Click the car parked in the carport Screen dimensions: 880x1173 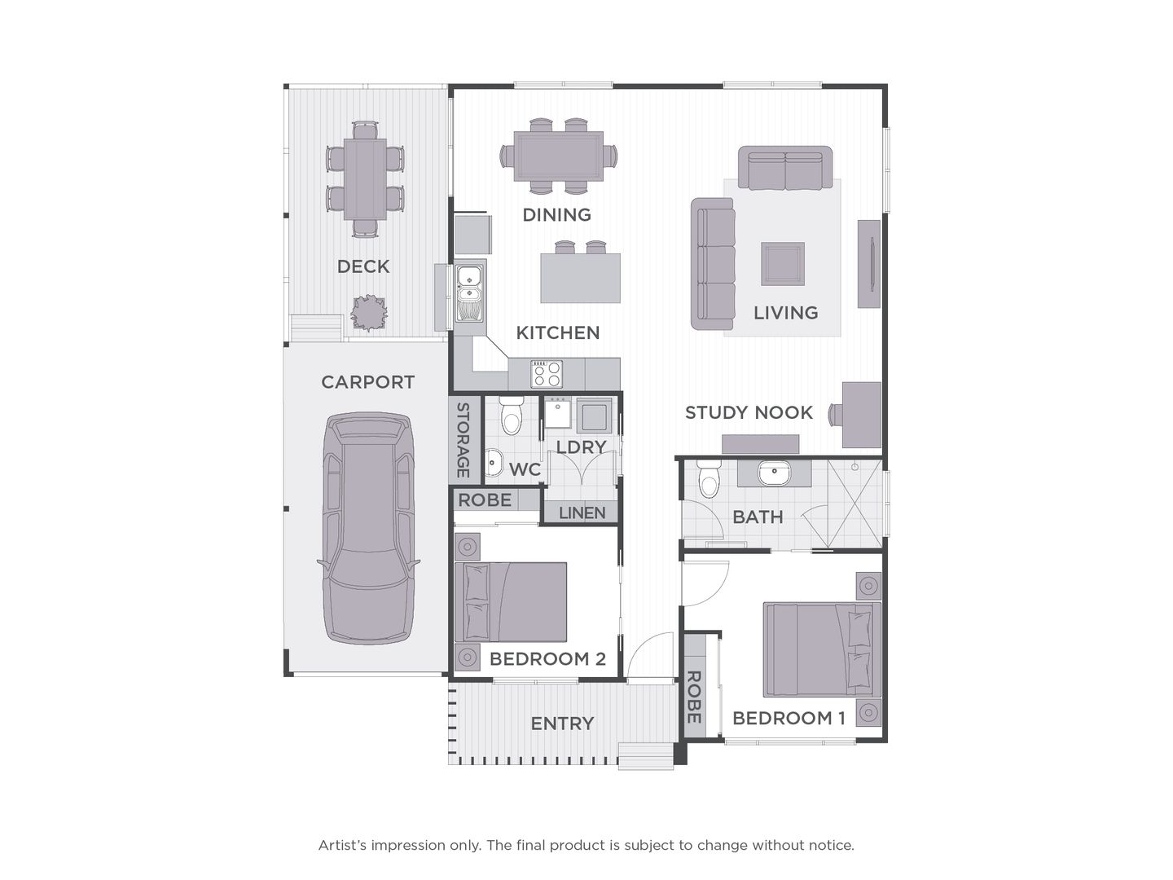(x=368, y=530)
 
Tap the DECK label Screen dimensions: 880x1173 (x=363, y=266)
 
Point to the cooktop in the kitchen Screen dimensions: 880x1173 (x=546, y=374)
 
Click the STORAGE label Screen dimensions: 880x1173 (x=463, y=440)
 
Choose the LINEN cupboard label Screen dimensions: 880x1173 (x=582, y=513)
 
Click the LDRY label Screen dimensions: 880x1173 (x=581, y=447)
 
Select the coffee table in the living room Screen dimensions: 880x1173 (x=783, y=264)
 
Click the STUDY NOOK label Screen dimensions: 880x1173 (x=749, y=412)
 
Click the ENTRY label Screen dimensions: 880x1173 (x=562, y=724)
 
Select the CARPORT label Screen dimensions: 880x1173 (x=367, y=382)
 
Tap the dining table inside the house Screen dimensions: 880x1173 (x=559, y=156)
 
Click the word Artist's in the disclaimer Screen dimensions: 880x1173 (x=342, y=846)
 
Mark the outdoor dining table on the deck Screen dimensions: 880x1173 (x=365, y=179)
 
